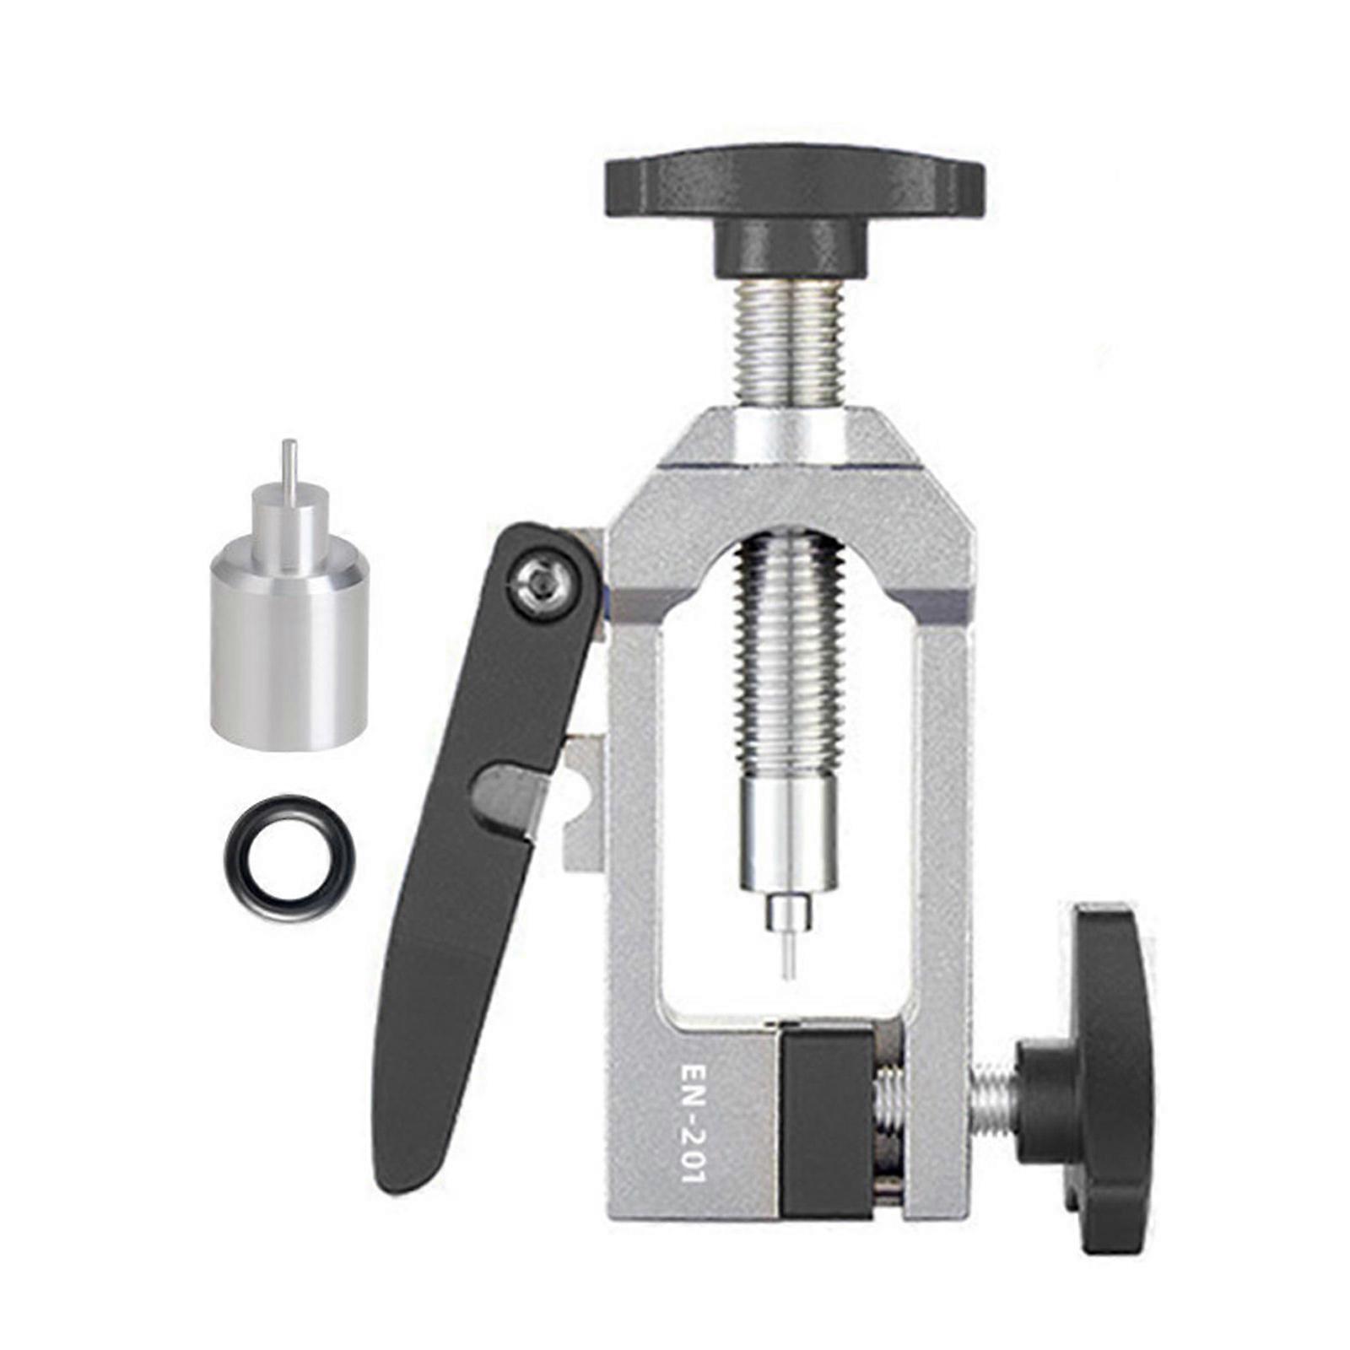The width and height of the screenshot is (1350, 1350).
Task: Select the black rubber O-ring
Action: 289,859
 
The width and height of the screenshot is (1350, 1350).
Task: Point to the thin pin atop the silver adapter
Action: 289,467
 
